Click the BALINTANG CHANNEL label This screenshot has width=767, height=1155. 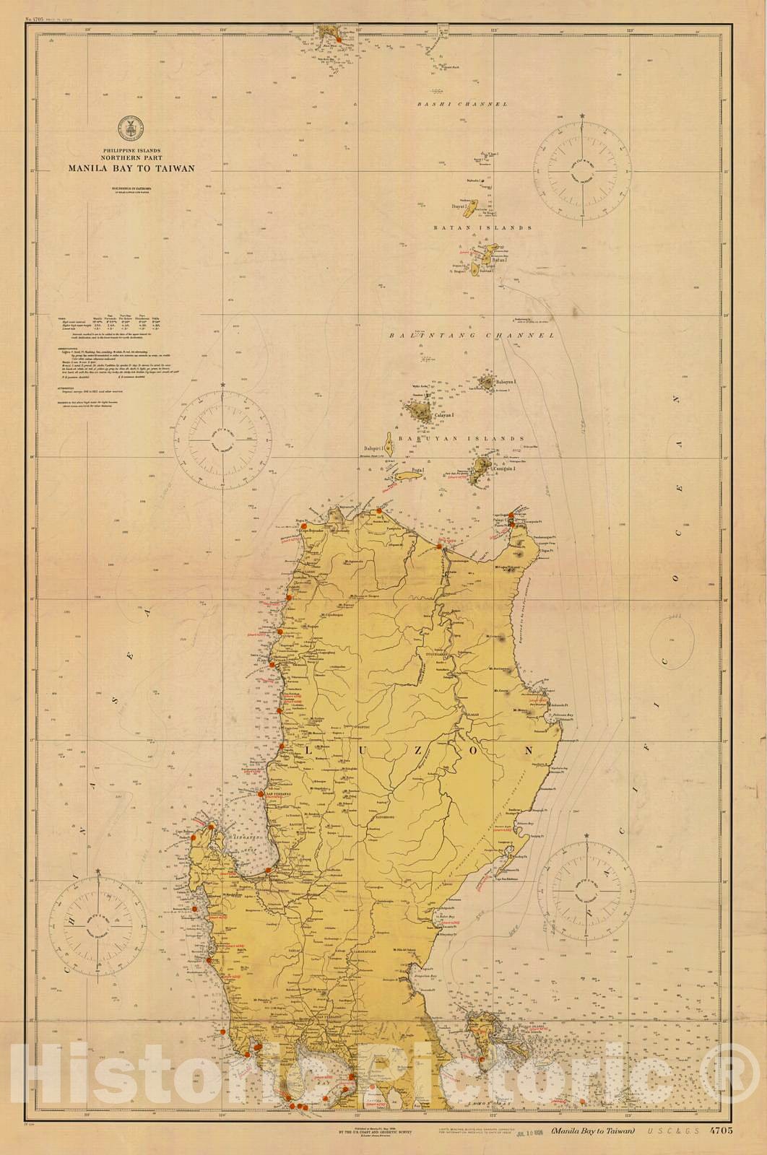(472, 336)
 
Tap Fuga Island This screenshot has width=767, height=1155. (407, 476)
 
